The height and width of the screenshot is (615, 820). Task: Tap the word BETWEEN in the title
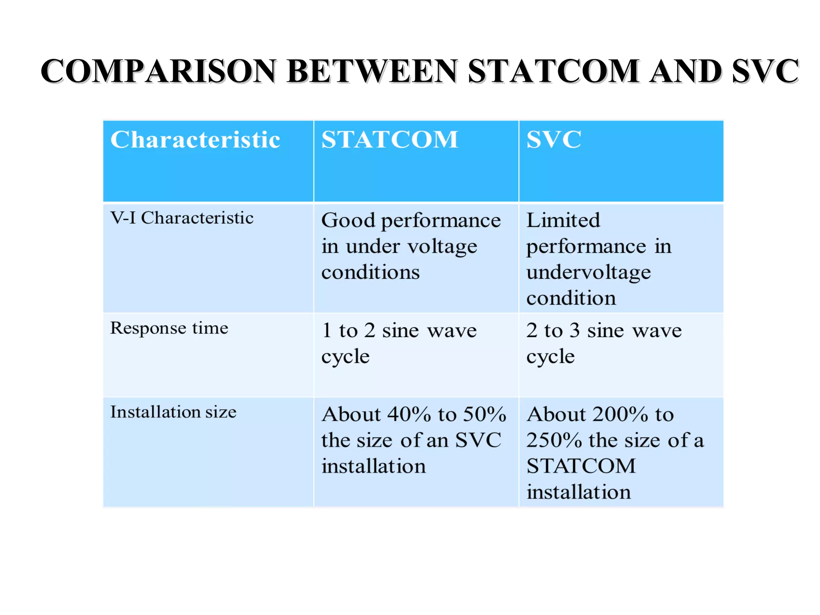click(x=372, y=71)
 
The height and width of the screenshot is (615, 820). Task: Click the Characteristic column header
click(x=195, y=140)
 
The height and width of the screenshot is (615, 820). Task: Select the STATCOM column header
click(x=390, y=140)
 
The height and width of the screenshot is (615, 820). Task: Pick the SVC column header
click(x=554, y=140)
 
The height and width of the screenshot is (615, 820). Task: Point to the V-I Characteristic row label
click(x=182, y=218)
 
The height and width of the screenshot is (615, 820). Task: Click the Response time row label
click(x=169, y=328)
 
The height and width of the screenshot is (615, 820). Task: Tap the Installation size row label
click(x=173, y=412)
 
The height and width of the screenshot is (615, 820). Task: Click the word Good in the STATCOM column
click(x=348, y=220)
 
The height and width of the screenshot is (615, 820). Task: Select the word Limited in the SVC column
click(x=563, y=220)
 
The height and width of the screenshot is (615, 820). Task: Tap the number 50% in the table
click(x=484, y=414)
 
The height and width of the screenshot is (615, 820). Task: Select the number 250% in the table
click(x=554, y=440)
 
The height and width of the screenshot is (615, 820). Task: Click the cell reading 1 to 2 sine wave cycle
click(x=399, y=344)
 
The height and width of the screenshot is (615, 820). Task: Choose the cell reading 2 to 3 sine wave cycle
click(x=603, y=344)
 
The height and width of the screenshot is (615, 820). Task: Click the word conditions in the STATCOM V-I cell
click(x=370, y=272)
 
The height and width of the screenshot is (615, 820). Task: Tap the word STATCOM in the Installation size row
click(x=581, y=466)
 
